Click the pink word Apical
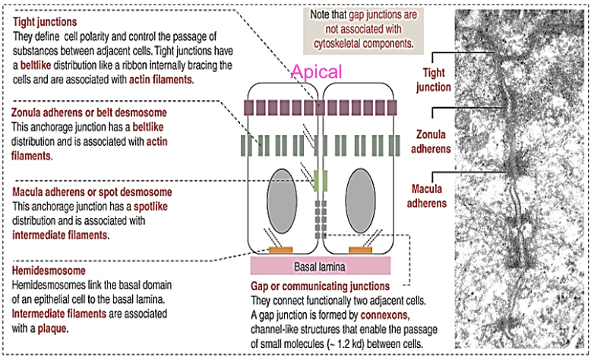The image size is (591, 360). click(x=317, y=71)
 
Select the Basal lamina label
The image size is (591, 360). click(x=320, y=267)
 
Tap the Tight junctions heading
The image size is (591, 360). click(x=45, y=22)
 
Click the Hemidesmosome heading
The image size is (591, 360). click(x=49, y=270)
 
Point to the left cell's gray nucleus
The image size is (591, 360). click(x=282, y=201)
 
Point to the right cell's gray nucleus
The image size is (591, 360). click(x=360, y=201)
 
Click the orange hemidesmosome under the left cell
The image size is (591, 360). click(x=281, y=250)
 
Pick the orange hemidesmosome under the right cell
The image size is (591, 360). click(x=360, y=250)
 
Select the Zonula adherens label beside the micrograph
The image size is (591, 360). click(x=431, y=141)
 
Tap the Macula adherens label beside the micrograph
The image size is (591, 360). click(x=427, y=196)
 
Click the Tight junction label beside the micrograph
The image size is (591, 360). click(x=434, y=80)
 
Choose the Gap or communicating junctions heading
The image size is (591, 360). click(x=321, y=286)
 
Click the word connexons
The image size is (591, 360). click(x=384, y=315)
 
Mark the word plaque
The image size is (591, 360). click(x=52, y=329)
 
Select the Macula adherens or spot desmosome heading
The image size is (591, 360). click(x=92, y=192)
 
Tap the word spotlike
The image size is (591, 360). click(x=150, y=207)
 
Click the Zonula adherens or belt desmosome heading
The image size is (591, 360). click(x=89, y=112)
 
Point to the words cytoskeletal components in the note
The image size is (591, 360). click(x=362, y=44)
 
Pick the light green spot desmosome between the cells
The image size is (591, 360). click(x=321, y=181)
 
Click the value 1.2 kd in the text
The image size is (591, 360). click(x=350, y=344)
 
